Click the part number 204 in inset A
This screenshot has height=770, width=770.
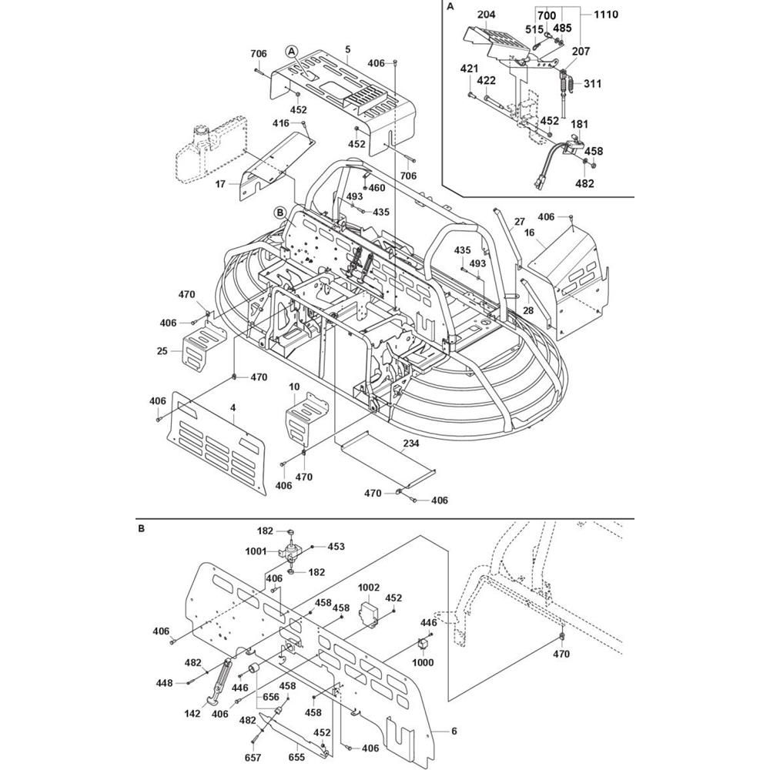tap(486, 15)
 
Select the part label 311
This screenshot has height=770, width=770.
tap(593, 83)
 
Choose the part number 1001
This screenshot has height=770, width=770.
tap(256, 551)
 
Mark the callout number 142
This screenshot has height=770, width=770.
tap(192, 713)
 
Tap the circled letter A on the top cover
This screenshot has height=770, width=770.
tap(291, 52)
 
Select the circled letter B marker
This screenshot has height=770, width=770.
tap(280, 212)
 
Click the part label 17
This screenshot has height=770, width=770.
tap(220, 184)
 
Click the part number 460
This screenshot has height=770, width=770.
tap(377, 188)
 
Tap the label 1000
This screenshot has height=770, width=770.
tap(423, 662)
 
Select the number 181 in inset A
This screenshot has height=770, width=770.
tap(578, 123)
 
